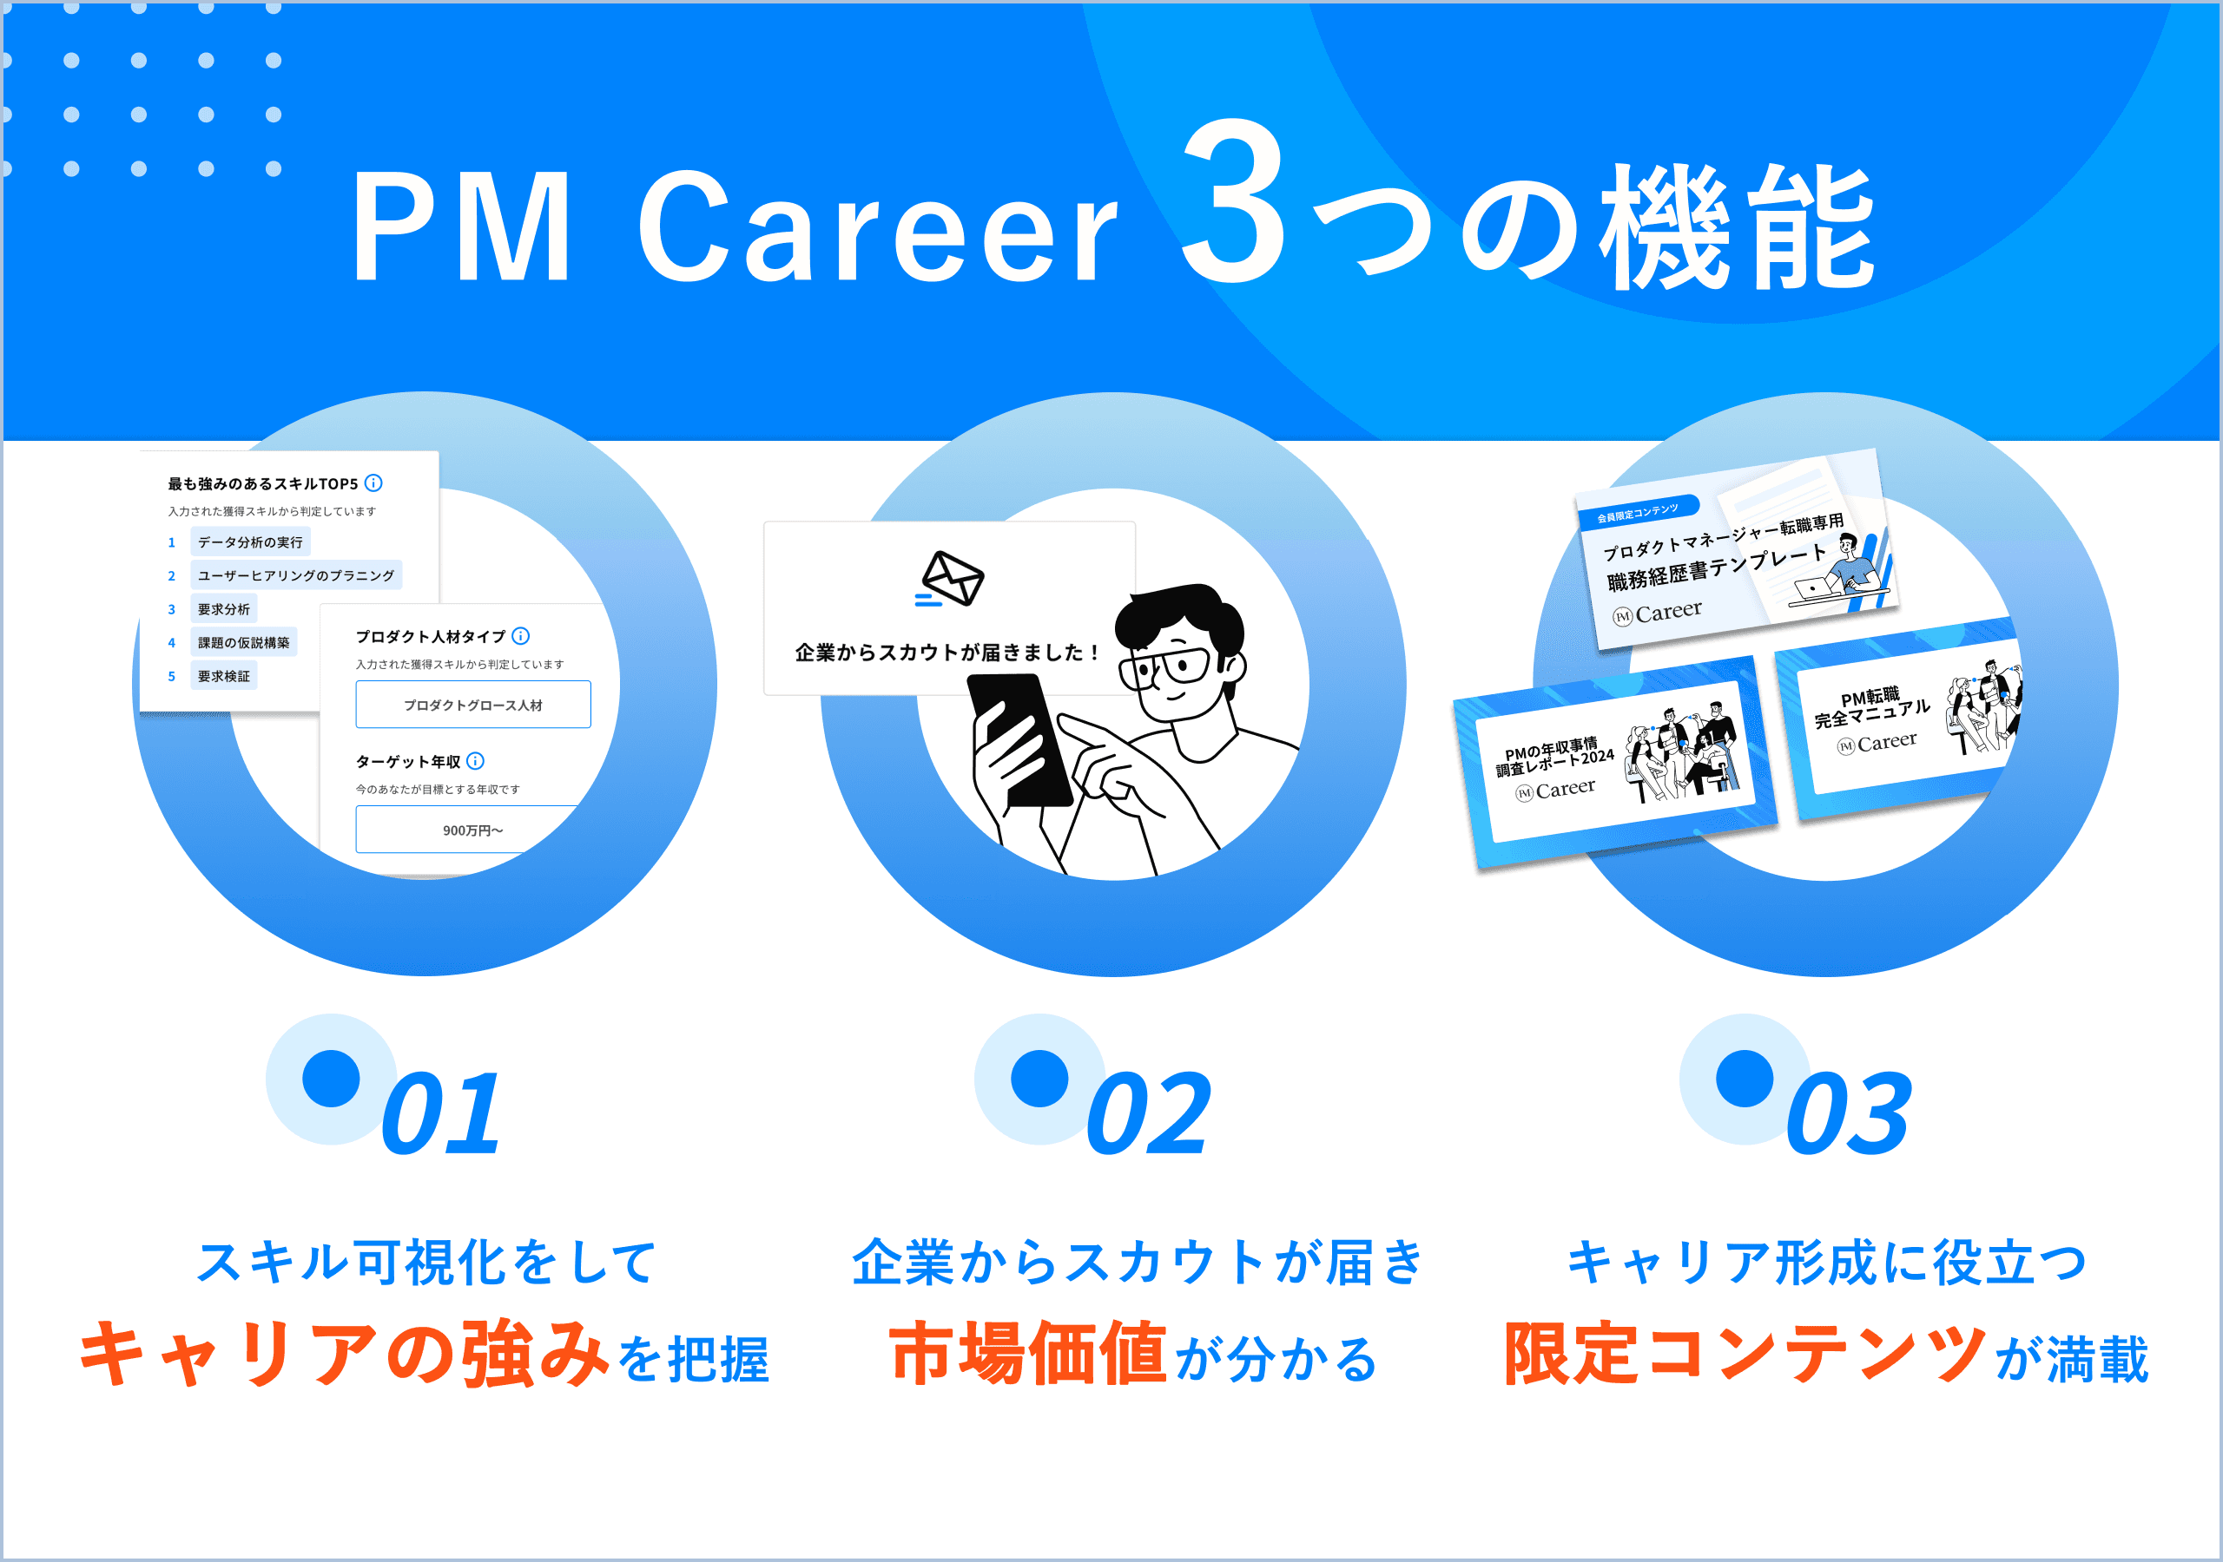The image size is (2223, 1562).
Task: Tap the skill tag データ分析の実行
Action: [x=250, y=542]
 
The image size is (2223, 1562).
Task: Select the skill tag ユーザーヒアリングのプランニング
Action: [x=295, y=574]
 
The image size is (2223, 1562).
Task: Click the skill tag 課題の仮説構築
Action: [x=243, y=643]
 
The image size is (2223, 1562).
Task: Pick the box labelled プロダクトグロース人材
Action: [x=472, y=705]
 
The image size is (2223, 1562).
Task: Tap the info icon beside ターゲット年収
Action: [x=475, y=761]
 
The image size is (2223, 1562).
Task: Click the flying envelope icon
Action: [x=951, y=580]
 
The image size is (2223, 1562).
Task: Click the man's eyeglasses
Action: [x=1167, y=668]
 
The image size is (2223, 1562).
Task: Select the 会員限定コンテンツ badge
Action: [x=1637, y=512]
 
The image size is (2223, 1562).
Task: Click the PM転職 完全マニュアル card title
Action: [x=1870, y=707]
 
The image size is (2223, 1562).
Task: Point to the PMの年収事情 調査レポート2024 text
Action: [x=1554, y=757]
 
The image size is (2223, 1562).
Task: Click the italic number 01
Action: [x=441, y=1115]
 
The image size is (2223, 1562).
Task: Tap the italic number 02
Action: [x=1148, y=1115]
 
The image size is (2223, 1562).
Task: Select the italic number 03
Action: [x=1849, y=1115]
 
